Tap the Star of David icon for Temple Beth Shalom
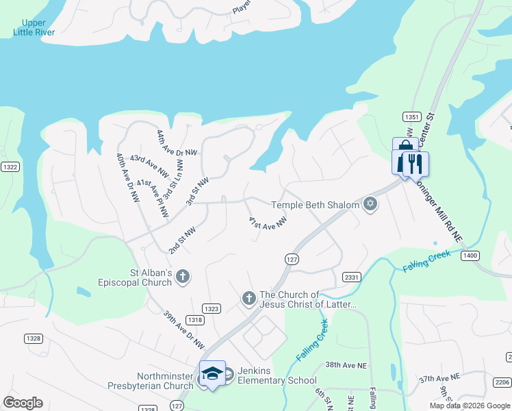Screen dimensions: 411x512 pos(370,205)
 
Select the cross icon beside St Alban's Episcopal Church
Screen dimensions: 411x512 pos(182,276)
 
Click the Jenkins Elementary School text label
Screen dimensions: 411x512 pos(277,375)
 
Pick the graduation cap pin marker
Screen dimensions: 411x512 pos(212,373)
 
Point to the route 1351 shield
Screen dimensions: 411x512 pos(411,116)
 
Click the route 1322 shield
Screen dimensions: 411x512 pos(10,166)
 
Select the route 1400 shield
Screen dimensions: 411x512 pos(470,255)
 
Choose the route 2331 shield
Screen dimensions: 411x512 pos(352,276)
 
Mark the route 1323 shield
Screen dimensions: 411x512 pos(212,309)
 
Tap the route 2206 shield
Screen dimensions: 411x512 pos(502,382)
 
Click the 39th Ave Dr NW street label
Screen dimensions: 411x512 pos(184,327)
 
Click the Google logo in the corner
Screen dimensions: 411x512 pos(22,403)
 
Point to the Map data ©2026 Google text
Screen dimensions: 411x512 pos(470,406)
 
